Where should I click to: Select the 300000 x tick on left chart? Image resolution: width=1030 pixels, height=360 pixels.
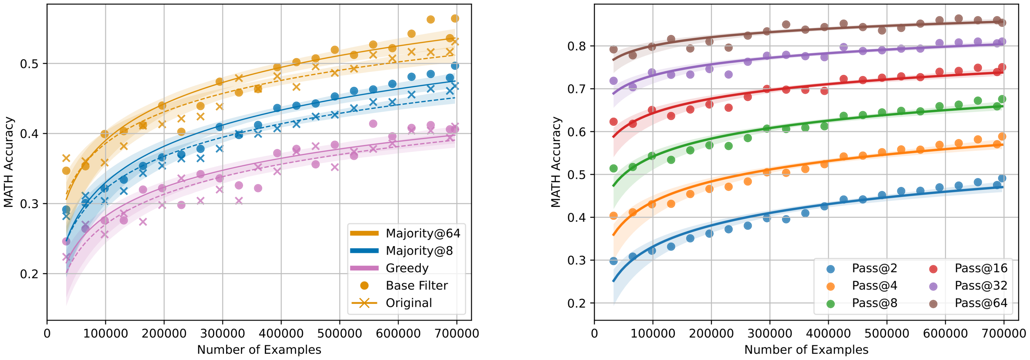(222, 333)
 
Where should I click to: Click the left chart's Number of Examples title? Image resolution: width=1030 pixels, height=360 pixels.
(259, 350)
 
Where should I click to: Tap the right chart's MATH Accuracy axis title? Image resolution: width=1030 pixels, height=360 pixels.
(556, 162)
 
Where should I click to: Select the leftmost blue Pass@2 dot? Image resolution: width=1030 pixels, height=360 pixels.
(613, 261)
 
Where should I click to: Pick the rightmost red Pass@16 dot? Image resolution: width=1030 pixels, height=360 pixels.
(1002, 67)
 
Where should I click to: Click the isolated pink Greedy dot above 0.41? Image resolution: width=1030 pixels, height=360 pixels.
(373, 124)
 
